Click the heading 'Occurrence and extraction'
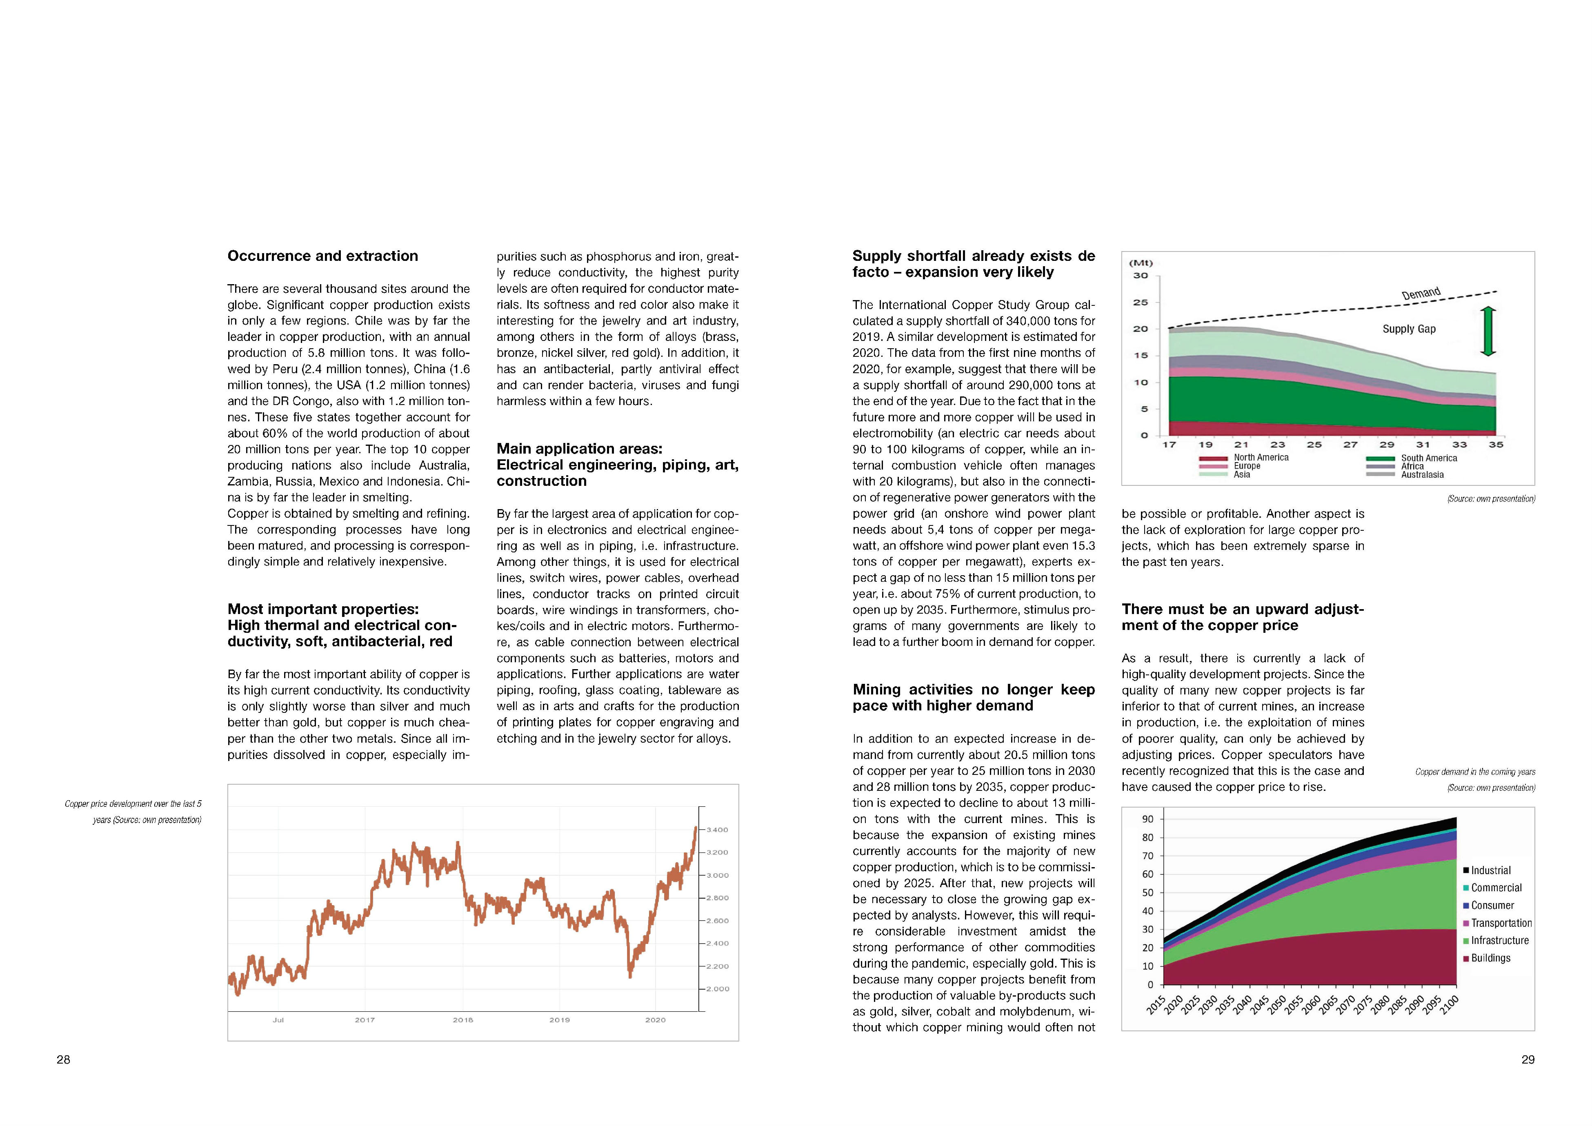point(322,256)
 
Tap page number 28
point(63,1059)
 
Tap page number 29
point(1528,1059)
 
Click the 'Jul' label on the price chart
point(278,1020)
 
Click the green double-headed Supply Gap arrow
point(1488,332)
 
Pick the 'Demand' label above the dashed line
point(1421,293)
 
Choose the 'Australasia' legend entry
point(1422,475)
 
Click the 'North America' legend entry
point(1261,458)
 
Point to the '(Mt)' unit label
point(1141,263)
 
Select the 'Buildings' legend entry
point(1490,958)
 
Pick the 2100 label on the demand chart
point(1449,1005)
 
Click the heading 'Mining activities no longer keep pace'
point(974,697)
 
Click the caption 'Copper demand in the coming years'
point(1475,772)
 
